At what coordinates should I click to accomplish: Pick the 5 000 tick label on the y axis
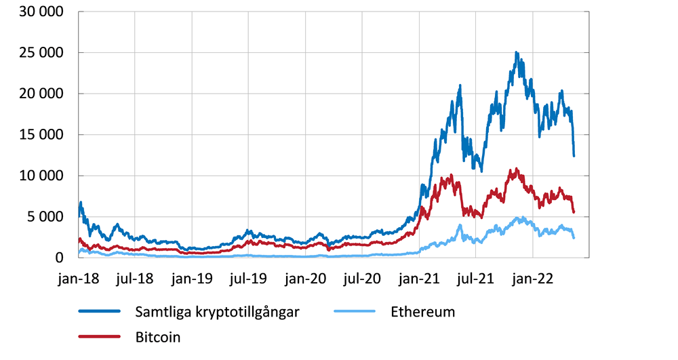pos(46,217)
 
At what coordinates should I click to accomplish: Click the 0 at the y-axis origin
pos(61,258)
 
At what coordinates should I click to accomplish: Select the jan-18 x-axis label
pos(78,278)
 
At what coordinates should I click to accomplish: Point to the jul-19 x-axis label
pos(248,278)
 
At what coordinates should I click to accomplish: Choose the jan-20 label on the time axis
pos(305,278)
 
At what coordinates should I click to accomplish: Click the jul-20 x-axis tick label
pos(362,278)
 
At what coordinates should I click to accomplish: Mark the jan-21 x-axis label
pos(419,278)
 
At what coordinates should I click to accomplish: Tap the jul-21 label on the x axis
pos(475,278)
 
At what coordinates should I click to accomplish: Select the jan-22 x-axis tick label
pos(533,278)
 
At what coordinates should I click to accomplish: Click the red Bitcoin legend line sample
pos(100,336)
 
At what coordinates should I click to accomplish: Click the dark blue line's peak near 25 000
pos(517,52)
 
